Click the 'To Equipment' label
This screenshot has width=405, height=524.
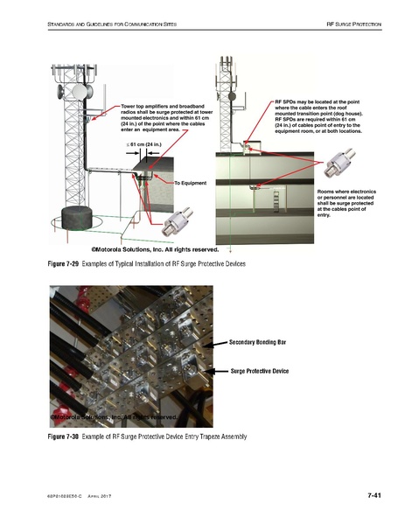[x=190, y=183]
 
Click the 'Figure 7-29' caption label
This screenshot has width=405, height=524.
[x=58, y=263]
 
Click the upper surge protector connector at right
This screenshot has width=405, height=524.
[x=340, y=168]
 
